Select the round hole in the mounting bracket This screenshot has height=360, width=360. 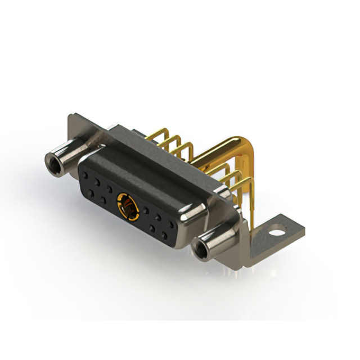pyautogui.click(x=275, y=229)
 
